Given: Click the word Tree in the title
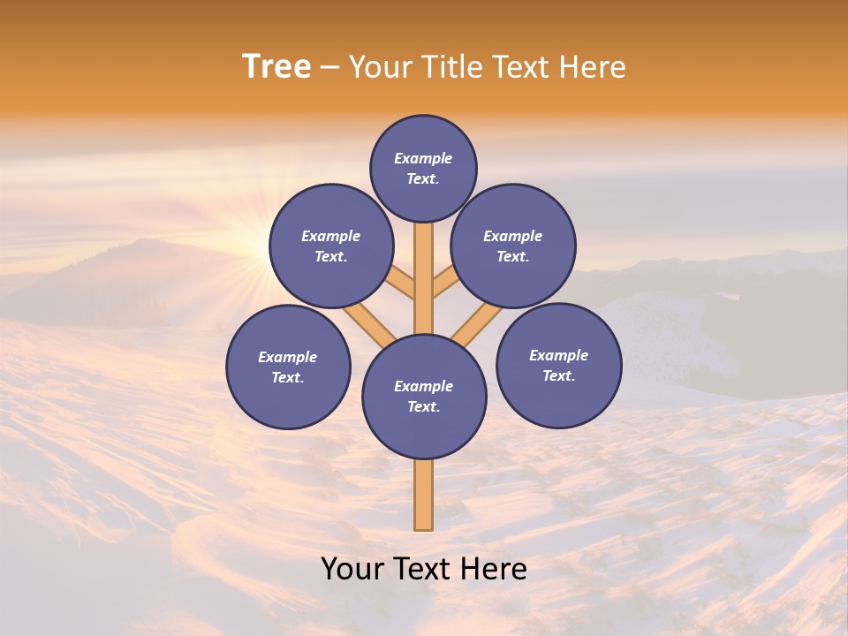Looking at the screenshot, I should (x=276, y=66).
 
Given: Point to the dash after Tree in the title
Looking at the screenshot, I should (x=330, y=68).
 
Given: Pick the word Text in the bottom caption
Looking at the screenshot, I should (x=418, y=568).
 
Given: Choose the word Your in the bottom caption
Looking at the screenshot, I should (x=352, y=568).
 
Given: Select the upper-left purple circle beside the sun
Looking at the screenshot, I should (x=330, y=246).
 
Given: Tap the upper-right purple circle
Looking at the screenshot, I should (x=512, y=246).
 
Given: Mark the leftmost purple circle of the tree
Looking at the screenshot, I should (x=288, y=367).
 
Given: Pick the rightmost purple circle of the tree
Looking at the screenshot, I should (x=558, y=365).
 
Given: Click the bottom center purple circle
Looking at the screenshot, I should (x=424, y=396).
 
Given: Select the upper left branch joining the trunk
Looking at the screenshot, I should (x=402, y=283).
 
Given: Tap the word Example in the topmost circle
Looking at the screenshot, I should (x=423, y=158).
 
